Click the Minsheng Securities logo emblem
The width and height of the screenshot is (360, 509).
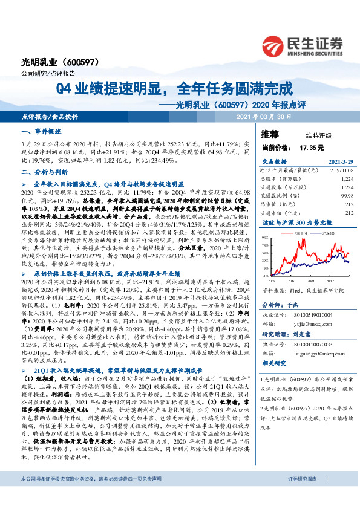click(x=274, y=44)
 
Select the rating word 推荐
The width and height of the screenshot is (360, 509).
click(x=269, y=134)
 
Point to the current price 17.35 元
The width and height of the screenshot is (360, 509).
click(x=312, y=148)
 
